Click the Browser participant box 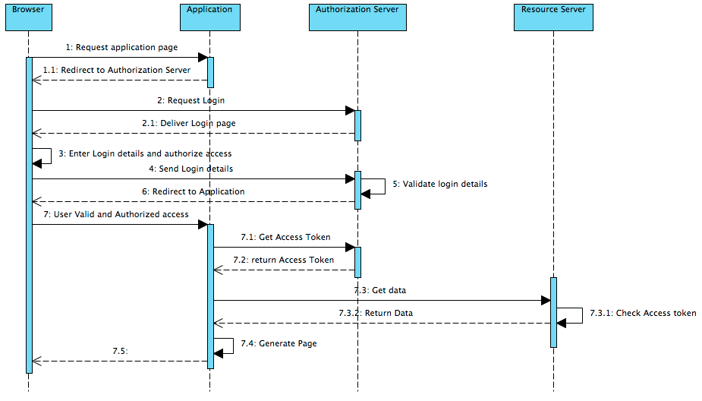pos(28,17)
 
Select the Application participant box pos(209,17)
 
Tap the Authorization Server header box pos(357,17)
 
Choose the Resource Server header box pos(553,17)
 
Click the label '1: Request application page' pos(121,47)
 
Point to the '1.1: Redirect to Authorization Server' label pos(116,70)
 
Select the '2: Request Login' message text pos(190,100)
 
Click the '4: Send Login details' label pos(191,169)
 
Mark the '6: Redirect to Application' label pos(192,191)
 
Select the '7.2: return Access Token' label pos(284,260)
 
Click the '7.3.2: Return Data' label pos(376,313)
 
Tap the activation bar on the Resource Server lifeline pos(553,312)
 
